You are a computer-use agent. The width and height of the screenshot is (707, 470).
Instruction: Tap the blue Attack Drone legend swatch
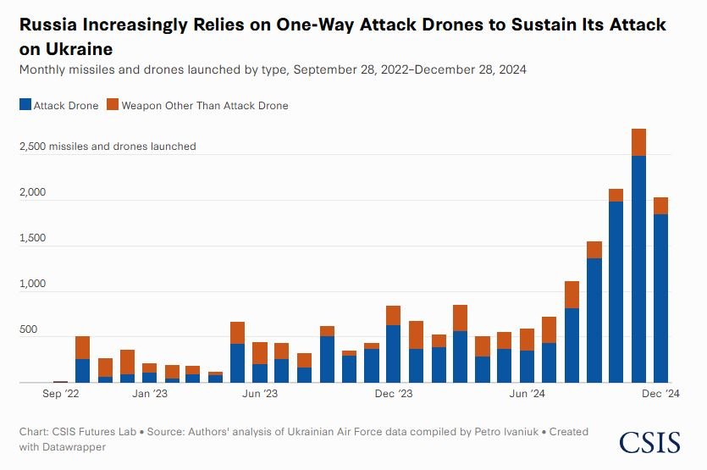(25, 106)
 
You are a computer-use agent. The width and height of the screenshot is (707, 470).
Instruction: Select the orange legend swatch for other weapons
(113, 106)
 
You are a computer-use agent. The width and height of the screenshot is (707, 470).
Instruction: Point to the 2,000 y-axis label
(35, 193)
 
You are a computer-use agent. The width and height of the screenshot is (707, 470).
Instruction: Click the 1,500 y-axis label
(34, 239)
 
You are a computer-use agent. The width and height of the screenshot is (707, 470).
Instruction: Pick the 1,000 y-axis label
(34, 285)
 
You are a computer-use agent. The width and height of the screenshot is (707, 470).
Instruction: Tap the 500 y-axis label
(29, 330)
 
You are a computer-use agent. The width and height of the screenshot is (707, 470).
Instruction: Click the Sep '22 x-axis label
(60, 394)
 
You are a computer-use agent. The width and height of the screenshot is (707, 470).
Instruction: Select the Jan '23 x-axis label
(149, 394)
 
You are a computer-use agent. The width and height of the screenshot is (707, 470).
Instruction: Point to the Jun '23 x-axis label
(260, 394)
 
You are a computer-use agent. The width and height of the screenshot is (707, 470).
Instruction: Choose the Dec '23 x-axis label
(393, 394)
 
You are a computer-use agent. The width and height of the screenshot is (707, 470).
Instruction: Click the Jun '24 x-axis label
(527, 394)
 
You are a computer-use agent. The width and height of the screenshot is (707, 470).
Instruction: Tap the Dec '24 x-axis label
(660, 394)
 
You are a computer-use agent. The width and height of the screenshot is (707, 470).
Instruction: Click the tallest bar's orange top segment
(638, 142)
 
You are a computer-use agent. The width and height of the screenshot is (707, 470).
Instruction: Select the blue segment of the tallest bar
(638, 271)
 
